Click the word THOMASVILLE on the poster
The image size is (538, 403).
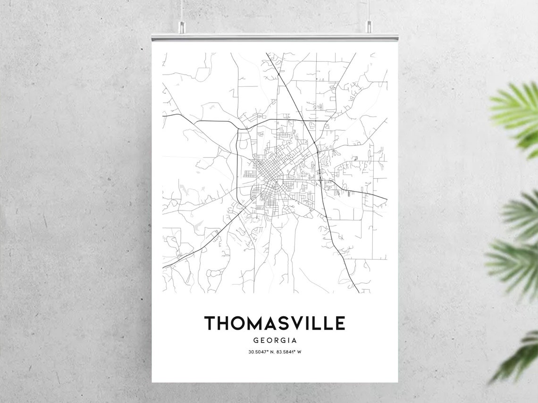(x=275, y=323)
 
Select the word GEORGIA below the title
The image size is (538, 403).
(x=275, y=340)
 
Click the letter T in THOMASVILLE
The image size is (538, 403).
(x=210, y=323)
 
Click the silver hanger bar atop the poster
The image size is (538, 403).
(x=275, y=37)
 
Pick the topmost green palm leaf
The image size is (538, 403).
(x=517, y=113)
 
